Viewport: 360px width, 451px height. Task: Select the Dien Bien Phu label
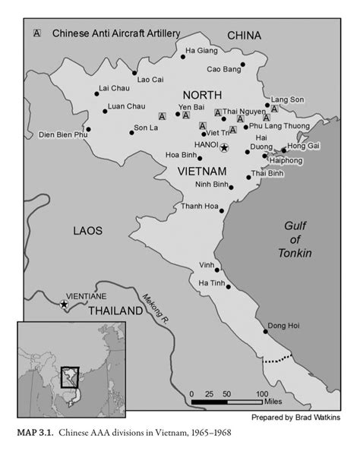tap(63, 134)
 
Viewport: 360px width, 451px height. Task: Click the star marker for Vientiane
tap(64, 304)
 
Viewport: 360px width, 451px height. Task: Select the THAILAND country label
tap(115, 311)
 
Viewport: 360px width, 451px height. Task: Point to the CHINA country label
tap(244, 36)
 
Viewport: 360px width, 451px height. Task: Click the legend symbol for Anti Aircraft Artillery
tap(37, 33)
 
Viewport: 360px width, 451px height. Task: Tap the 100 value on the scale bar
tap(261, 394)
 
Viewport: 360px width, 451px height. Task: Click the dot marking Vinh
tap(217, 270)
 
